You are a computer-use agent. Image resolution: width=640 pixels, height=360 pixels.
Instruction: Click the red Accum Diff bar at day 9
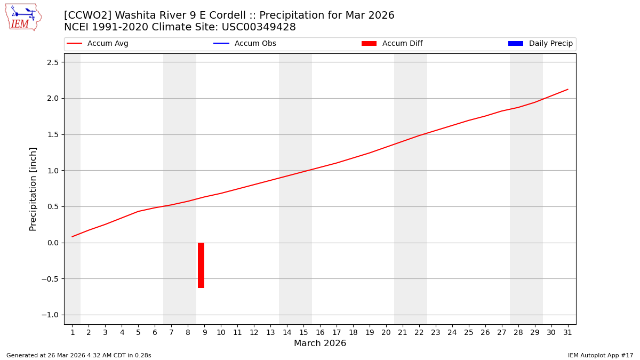point(201,265)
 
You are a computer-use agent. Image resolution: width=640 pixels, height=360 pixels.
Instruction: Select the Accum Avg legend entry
point(107,44)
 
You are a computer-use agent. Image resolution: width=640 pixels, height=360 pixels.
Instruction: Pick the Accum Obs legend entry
point(255,44)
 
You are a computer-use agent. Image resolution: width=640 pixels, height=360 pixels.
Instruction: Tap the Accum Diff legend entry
point(402,44)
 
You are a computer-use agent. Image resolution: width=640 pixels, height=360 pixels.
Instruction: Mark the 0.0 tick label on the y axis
point(52,243)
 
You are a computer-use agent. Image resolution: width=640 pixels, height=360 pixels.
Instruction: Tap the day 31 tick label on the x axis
point(567,333)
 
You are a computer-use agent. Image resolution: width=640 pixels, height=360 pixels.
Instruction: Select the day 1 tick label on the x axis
point(72,333)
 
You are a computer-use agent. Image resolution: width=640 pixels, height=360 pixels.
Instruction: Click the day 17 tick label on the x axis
point(337,333)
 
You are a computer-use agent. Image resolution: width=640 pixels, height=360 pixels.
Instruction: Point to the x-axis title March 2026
point(320,343)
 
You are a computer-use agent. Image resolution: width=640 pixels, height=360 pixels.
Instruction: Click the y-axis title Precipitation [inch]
point(33,189)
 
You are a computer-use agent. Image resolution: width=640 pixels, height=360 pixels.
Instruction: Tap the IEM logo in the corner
point(23,17)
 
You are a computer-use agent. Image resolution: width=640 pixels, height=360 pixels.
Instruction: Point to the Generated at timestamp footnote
point(78,355)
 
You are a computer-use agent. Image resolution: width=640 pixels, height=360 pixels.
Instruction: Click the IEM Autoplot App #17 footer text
point(600,355)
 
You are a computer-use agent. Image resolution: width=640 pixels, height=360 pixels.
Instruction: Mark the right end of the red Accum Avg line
point(567,90)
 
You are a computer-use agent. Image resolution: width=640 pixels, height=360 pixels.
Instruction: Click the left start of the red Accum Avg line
point(72,237)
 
